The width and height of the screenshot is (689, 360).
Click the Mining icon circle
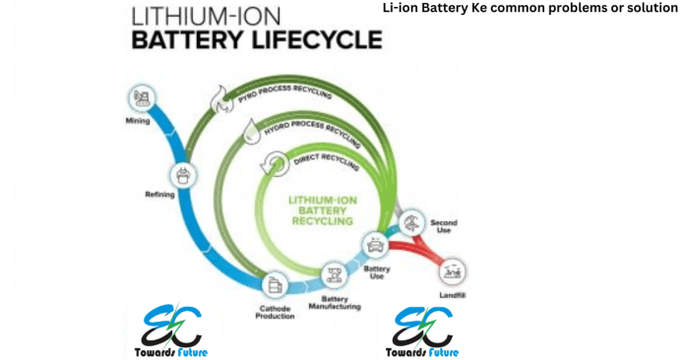tap(138, 98)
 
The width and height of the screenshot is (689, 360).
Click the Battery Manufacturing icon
tap(332, 271)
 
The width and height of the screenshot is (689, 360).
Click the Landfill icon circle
tap(454, 267)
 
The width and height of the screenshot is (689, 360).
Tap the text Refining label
tap(159, 195)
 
